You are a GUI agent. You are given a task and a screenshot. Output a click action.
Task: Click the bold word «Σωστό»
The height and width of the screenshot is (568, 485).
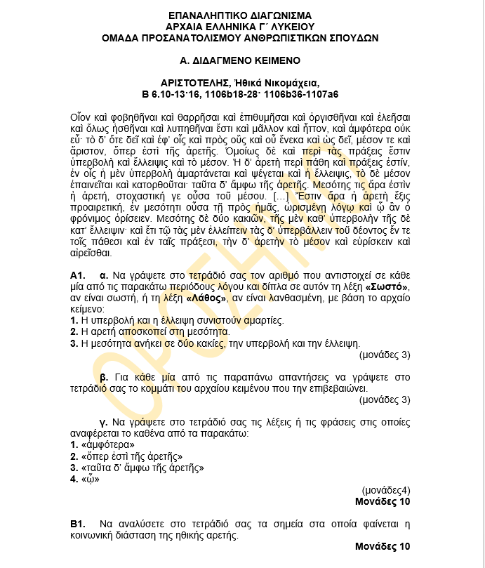[387, 287]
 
